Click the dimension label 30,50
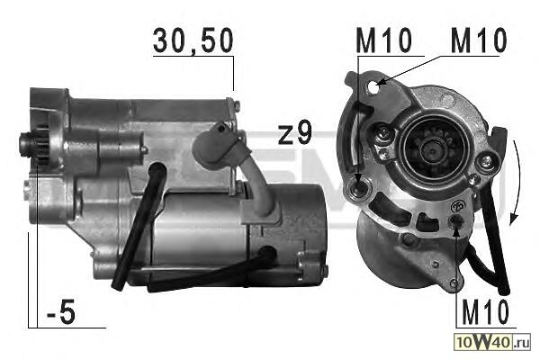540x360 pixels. [x=193, y=41]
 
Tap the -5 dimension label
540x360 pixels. [x=61, y=313]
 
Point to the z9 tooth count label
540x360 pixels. [x=295, y=132]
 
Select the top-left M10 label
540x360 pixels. [x=384, y=40]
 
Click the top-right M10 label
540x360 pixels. [x=479, y=40]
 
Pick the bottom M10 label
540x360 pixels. [x=485, y=312]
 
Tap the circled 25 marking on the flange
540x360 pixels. [x=459, y=206]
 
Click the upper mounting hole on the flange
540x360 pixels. [x=374, y=85]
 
